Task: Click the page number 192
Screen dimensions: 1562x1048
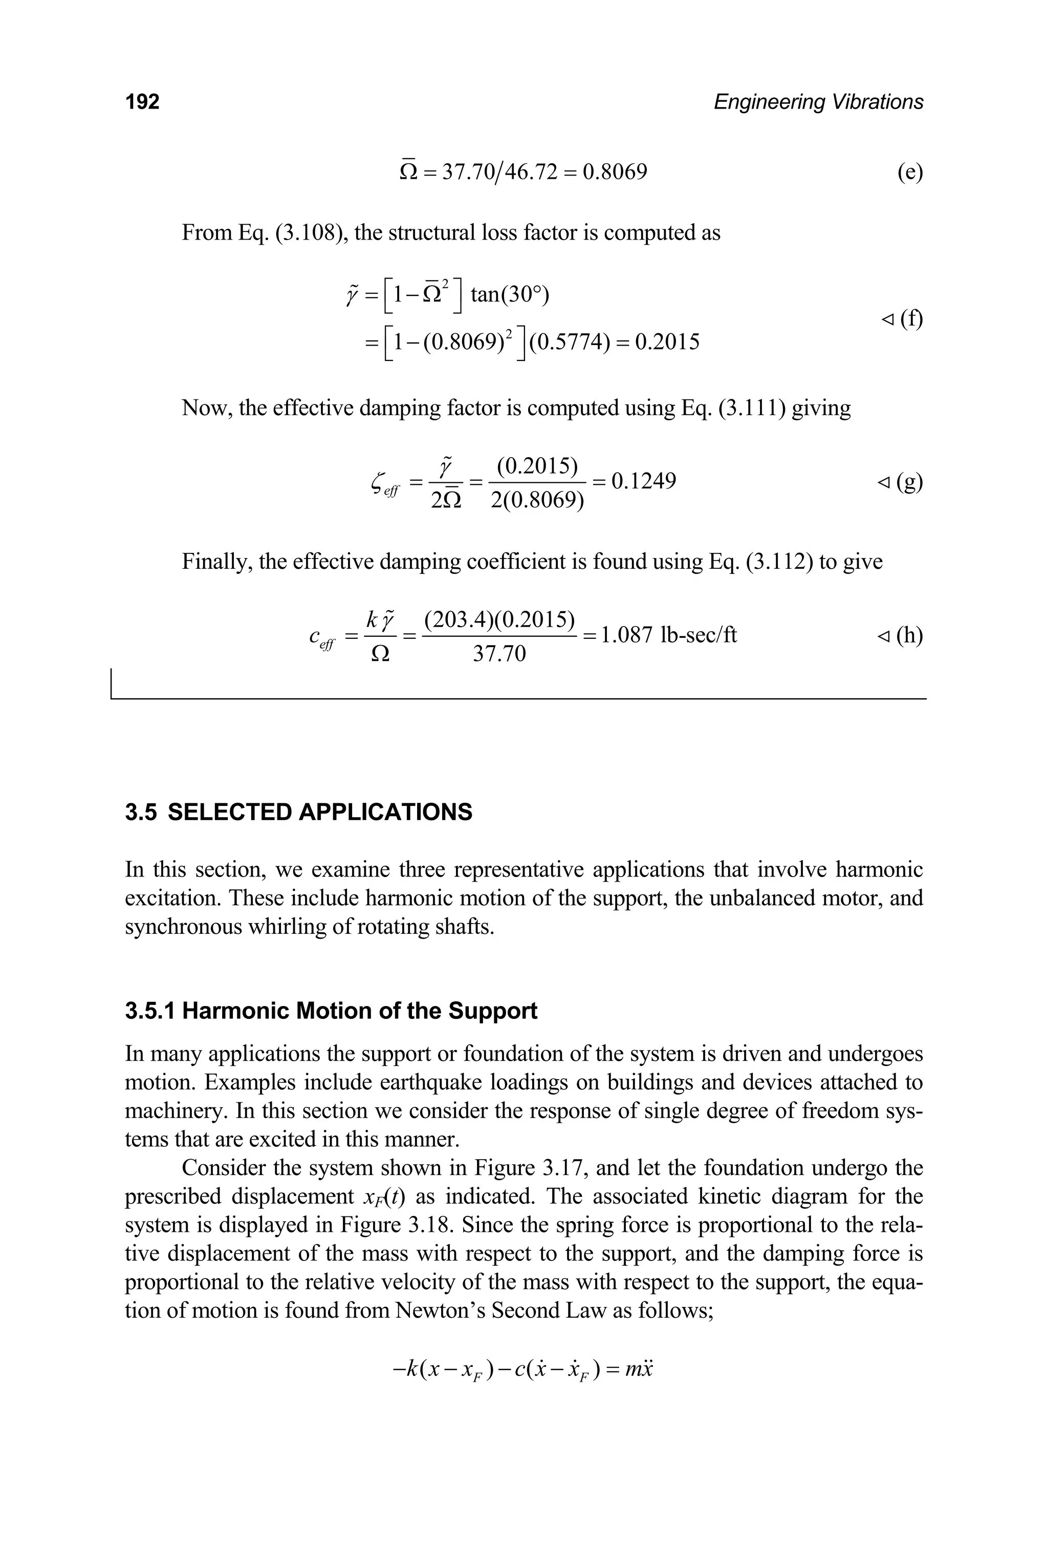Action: pyautogui.click(x=142, y=102)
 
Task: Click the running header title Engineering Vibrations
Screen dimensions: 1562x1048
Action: pyautogui.click(x=818, y=102)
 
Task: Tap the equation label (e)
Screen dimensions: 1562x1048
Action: pyautogui.click(x=910, y=173)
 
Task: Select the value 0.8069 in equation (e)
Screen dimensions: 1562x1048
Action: pyautogui.click(x=614, y=173)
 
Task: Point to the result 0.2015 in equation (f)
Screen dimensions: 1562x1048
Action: pyautogui.click(x=667, y=343)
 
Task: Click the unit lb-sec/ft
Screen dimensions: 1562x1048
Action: pyautogui.click(x=698, y=634)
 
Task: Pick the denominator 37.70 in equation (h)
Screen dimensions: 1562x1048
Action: pyautogui.click(x=499, y=654)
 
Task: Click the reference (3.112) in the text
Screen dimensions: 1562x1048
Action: pyautogui.click(x=779, y=561)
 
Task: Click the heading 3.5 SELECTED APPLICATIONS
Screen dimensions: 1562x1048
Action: pyautogui.click(x=299, y=812)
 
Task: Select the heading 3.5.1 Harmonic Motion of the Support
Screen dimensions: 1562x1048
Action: pyautogui.click(x=331, y=1010)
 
